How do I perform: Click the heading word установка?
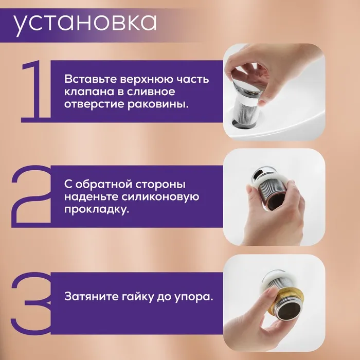pyautogui.click(x=85, y=24)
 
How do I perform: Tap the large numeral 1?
pyautogui.click(x=36, y=91)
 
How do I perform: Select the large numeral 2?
pyautogui.click(x=31, y=196)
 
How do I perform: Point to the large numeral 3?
pyautogui.click(x=31, y=303)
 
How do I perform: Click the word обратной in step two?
pyautogui.click(x=102, y=184)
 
